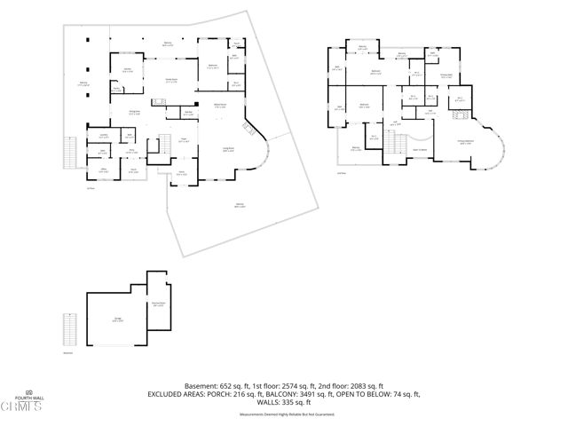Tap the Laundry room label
104,135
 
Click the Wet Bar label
188,113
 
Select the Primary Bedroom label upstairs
465,142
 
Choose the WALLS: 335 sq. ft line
283,402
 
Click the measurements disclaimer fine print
283,412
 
